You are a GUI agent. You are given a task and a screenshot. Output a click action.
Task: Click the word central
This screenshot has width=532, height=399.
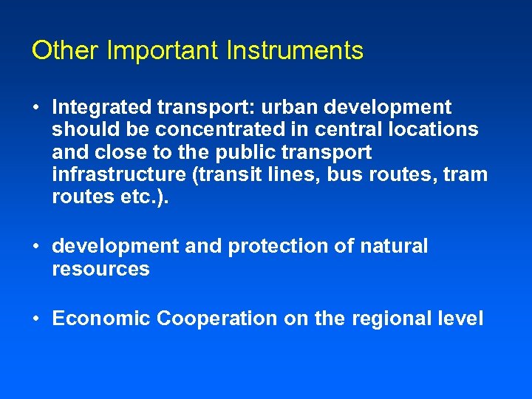click(x=349, y=130)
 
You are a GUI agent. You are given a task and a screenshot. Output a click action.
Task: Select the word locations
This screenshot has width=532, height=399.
click(x=436, y=130)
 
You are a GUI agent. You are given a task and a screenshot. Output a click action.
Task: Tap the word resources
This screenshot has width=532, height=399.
click(x=100, y=269)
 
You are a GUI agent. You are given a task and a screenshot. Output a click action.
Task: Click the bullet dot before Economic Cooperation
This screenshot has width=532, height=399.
click(x=36, y=319)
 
